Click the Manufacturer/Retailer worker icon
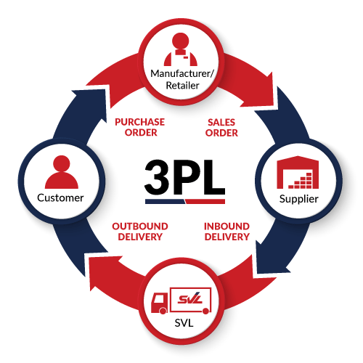(181, 49)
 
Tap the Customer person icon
(62, 172)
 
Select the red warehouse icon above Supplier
(298, 172)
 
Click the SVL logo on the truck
(190, 298)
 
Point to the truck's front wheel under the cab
(163, 311)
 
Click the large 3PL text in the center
(185, 177)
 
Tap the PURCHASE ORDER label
(140, 127)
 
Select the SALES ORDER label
(221, 128)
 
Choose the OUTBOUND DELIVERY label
(140, 232)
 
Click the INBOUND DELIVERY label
(227, 232)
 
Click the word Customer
(60, 198)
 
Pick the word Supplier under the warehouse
(299, 199)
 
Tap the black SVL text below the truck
(184, 323)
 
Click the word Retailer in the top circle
(182, 86)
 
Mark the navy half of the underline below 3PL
(165, 201)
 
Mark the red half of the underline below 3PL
(205, 201)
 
